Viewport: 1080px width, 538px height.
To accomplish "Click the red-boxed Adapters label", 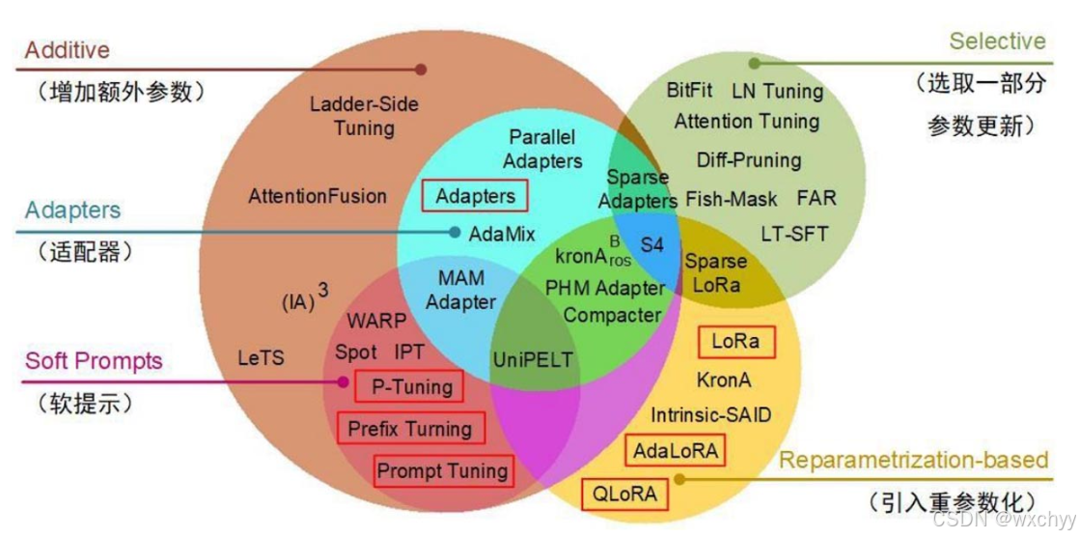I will point(475,196).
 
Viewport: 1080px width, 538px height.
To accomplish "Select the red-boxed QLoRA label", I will point(624,495).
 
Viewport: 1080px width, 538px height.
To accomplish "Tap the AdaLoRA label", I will point(676,450).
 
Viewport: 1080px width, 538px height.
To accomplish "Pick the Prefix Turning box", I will point(409,428).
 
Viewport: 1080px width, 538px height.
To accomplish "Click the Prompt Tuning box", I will point(442,471).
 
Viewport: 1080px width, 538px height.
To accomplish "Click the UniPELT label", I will point(533,360).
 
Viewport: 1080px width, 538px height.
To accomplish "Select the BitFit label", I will point(690,90).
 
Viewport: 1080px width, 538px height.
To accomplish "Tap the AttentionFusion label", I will point(318,196).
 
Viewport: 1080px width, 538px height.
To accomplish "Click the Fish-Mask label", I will point(732,199).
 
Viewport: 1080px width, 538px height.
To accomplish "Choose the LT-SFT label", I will point(794,233).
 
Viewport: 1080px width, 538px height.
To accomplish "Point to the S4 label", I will point(652,244).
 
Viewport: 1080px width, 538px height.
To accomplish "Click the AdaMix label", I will point(502,234).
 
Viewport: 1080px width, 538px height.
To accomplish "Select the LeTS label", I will point(261,358).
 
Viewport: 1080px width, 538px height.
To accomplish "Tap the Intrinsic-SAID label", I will point(710,415).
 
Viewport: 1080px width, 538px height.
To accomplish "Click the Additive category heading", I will point(68,50).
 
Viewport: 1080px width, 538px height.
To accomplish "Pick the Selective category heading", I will point(997,41).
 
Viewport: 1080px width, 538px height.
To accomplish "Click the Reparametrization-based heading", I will point(913,460).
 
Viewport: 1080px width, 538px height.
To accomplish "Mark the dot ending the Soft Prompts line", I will point(343,382).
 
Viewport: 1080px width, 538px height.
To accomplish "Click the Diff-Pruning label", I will point(749,159).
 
